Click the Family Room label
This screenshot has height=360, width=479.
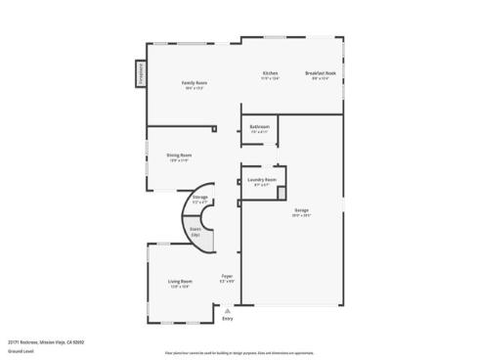[x=195, y=83]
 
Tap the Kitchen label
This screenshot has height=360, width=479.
[x=271, y=73]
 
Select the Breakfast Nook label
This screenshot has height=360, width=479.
[x=322, y=73]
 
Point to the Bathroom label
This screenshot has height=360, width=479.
[x=259, y=126]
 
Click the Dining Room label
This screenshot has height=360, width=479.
[x=179, y=155]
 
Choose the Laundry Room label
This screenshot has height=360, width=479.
[x=261, y=179]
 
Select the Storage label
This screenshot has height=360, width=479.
[x=199, y=198]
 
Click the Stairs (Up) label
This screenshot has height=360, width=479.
[x=196, y=232]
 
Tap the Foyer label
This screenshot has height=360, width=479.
[x=226, y=276]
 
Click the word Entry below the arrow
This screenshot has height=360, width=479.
[x=228, y=319]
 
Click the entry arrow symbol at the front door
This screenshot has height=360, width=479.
[x=228, y=309]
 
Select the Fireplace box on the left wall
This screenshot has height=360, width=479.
[x=140, y=76]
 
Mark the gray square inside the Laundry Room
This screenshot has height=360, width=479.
[x=282, y=194]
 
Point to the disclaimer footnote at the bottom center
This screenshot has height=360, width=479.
[x=239, y=350]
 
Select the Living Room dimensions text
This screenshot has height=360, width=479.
[x=180, y=287]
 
